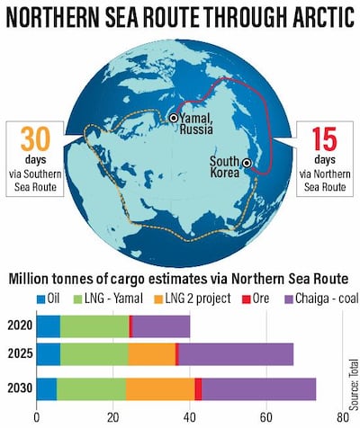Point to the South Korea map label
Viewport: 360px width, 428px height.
(x=222, y=166)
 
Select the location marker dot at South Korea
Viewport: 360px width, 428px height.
(x=246, y=165)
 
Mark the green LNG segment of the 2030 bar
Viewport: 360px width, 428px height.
(x=91, y=388)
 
